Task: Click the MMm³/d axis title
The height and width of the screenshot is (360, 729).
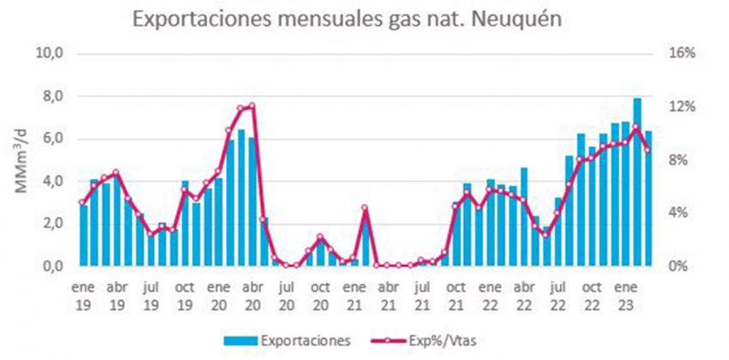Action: [19, 161]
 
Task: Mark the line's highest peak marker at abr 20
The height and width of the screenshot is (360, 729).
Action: [251, 106]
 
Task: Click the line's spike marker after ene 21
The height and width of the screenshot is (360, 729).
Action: [364, 207]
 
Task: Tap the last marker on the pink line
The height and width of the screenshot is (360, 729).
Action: [648, 150]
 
